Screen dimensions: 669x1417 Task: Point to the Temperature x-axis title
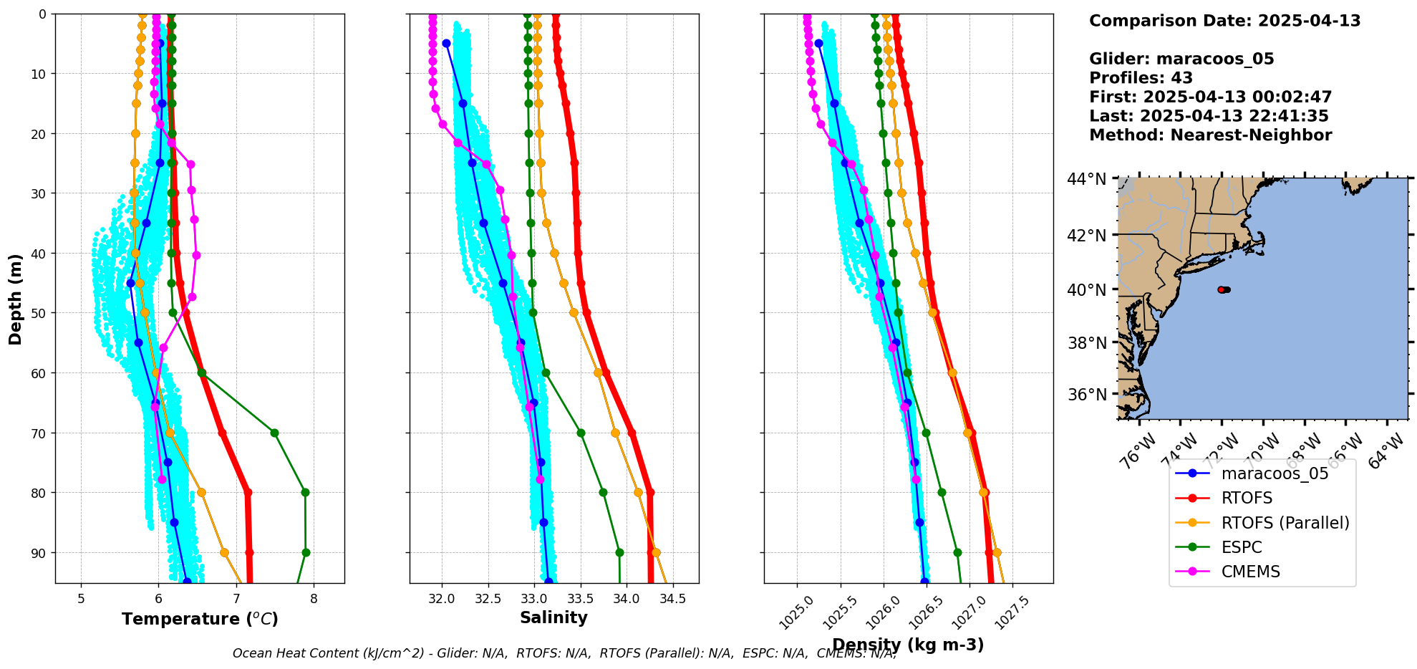(200, 619)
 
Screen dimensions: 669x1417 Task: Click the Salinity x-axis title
(553, 617)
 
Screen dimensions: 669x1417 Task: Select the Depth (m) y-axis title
(16, 299)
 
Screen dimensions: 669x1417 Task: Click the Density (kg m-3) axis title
(908, 645)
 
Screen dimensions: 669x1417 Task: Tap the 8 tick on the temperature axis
(314, 599)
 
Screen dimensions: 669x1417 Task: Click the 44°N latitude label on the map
(1087, 179)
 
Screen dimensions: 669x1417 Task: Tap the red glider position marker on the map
(1221, 289)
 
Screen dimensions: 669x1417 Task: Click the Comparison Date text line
(1224, 21)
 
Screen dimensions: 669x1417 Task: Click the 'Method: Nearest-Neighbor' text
(1210, 135)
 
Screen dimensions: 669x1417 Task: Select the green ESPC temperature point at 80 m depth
(305, 492)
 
